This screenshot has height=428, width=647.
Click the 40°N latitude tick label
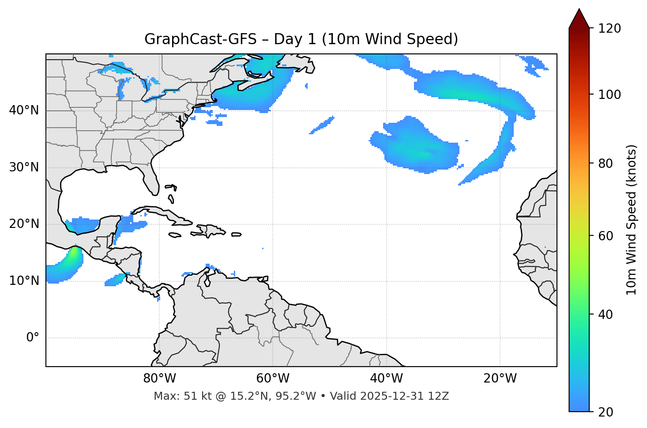24,110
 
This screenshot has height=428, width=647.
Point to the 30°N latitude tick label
24,167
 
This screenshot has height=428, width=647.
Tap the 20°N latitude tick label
24,224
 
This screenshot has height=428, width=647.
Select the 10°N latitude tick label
24,281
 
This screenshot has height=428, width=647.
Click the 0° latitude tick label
33,338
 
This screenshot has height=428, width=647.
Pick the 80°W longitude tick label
159,379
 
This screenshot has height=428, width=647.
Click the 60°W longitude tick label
273,379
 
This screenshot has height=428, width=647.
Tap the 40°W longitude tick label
386,379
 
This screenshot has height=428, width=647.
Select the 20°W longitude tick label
500,379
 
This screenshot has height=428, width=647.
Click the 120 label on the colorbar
609,29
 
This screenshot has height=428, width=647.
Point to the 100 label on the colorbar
609,95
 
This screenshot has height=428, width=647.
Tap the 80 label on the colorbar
606,163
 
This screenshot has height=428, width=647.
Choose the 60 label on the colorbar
606,236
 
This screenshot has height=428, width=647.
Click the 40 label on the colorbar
606,314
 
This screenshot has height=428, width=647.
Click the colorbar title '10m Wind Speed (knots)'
632,220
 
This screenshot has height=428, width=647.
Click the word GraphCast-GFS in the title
200,39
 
